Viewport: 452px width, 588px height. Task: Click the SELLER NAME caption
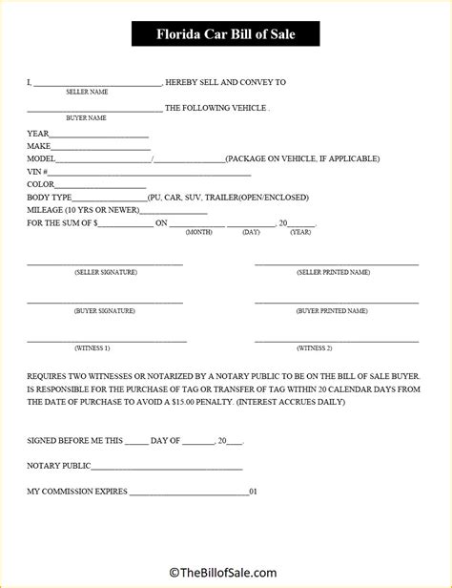87,92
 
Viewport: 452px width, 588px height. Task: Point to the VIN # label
38,171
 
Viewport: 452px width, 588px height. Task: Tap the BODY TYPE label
48,196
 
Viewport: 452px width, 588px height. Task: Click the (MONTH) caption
198,232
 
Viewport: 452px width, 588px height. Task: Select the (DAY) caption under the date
251,232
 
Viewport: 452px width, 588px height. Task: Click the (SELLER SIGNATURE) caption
105,272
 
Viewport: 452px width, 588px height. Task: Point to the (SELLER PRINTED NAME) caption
333,272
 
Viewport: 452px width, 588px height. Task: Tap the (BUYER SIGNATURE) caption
104,310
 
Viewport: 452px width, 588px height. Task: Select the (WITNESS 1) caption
92,347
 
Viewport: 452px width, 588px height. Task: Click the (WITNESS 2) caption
315,347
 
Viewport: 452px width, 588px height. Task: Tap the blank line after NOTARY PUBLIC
167,467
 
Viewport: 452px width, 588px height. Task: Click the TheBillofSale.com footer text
225,573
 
